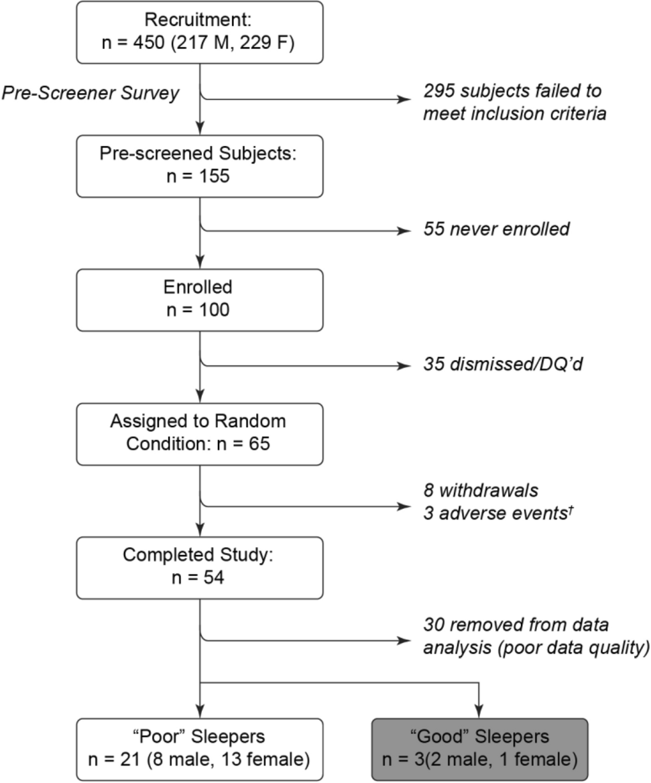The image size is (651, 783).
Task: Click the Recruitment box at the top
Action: [x=200, y=32]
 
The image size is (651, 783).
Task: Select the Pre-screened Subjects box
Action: [x=200, y=166]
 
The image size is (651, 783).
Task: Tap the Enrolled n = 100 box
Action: [x=200, y=300]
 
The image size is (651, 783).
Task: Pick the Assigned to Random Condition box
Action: [x=200, y=434]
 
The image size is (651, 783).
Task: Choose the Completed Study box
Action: [x=200, y=568]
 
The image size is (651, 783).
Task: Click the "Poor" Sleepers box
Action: [x=200, y=749]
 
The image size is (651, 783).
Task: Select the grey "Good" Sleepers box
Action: [x=480, y=749]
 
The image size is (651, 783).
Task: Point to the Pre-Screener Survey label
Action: [x=91, y=93]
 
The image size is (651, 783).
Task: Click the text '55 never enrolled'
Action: [x=497, y=229]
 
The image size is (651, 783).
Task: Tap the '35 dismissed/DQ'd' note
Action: [x=504, y=364]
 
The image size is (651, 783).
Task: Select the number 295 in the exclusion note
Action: [x=439, y=91]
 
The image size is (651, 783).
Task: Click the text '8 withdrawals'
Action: [x=481, y=490]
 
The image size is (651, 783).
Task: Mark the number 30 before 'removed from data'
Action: [x=434, y=625]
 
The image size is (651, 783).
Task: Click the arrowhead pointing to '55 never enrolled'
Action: [x=404, y=231]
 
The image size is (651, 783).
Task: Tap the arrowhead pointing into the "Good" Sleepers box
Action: [x=479, y=711]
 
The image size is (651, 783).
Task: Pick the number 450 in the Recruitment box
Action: [x=149, y=42]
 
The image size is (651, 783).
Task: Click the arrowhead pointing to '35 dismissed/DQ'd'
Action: [x=404, y=366]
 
